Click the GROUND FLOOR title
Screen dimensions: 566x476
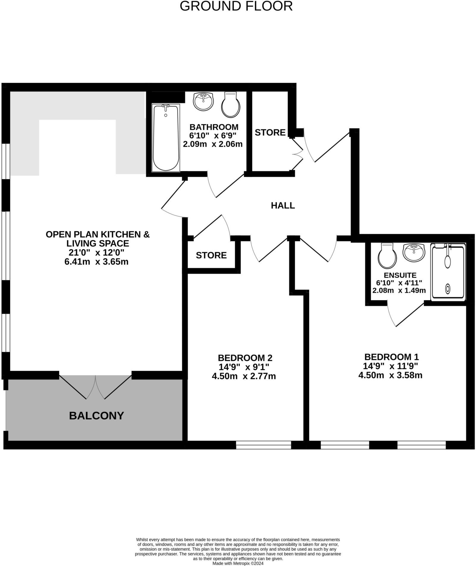(x=236, y=6)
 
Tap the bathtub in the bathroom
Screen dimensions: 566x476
(x=166, y=138)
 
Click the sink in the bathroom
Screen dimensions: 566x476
(x=203, y=101)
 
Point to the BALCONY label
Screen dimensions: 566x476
(x=96, y=416)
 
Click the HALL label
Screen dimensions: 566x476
(x=283, y=206)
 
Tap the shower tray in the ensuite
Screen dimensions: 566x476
(x=448, y=271)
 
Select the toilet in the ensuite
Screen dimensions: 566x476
(x=387, y=255)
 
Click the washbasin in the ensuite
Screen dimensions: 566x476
(x=414, y=252)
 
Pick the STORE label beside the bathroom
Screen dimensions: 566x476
(x=270, y=133)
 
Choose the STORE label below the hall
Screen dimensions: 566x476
(x=211, y=255)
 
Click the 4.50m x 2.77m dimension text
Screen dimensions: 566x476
(x=244, y=376)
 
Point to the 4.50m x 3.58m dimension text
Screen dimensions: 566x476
(x=390, y=375)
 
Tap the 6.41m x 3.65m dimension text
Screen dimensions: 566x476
(x=96, y=262)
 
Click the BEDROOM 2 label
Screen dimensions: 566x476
(x=245, y=358)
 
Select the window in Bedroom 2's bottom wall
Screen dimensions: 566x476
(x=263, y=445)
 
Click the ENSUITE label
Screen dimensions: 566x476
(x=400, y=275)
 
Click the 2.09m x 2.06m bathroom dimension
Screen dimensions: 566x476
(x=212, y=144)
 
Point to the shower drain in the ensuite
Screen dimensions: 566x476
(x=447, y=289)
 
